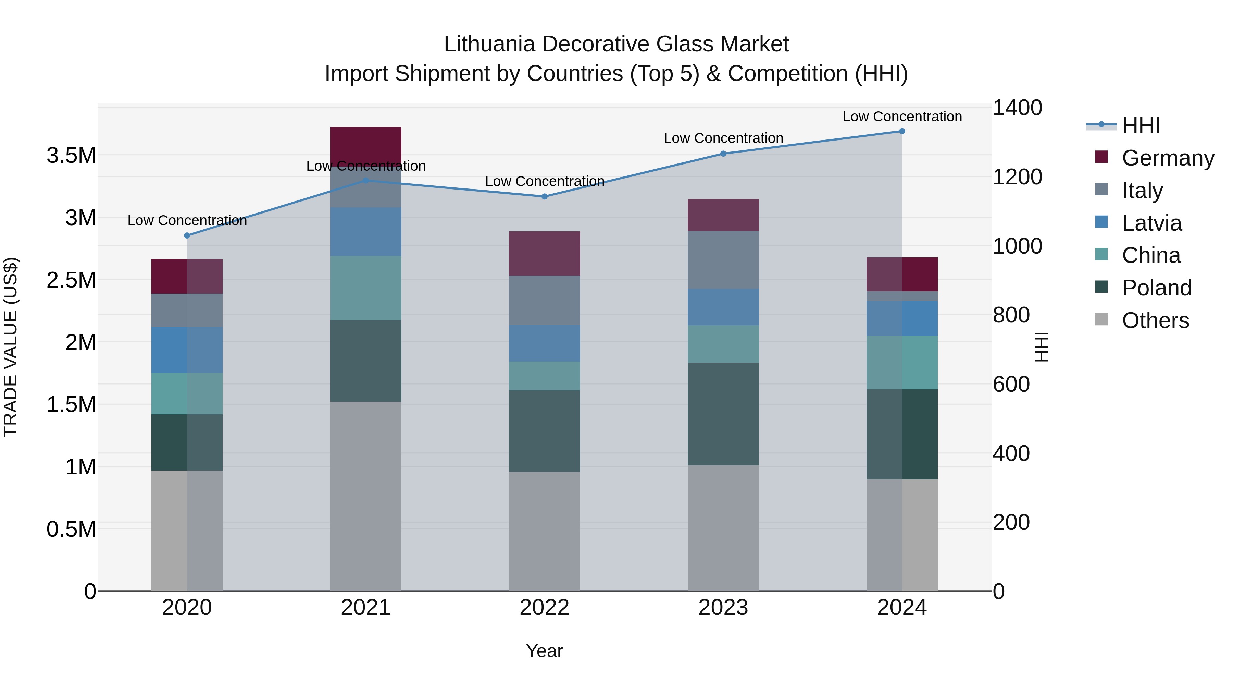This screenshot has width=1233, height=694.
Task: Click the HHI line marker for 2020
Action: (x=187, y=236)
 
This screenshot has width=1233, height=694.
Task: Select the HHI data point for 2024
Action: (x=902, y=131)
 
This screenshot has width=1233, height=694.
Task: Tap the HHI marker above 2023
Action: (x=723, y=154)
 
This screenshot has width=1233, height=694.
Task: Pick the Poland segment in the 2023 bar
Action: (x=723, y=414)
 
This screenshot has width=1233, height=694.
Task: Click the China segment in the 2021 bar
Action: (x=366, y=288)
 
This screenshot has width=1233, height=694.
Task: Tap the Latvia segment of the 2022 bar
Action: (x=544, y=343)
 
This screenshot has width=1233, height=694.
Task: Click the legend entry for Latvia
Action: (x=1151, y=223)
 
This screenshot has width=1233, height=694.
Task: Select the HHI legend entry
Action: (x=1140, y=125)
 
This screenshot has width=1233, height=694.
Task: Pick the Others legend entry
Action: (x=1155, y=320)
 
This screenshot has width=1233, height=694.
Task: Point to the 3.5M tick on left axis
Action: (x=71, y=156)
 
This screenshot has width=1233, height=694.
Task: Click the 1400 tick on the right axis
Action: (x=1017, y=108)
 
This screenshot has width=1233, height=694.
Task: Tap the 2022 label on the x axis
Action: (x=544, y=608)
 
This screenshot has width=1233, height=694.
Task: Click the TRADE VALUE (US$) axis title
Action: (x=11, y=347)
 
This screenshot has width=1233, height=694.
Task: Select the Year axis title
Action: (x=544, y=651)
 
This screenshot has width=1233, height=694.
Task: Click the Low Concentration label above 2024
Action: (x=902, y=117)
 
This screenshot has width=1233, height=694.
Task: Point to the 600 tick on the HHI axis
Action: (x=1011, y=384)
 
